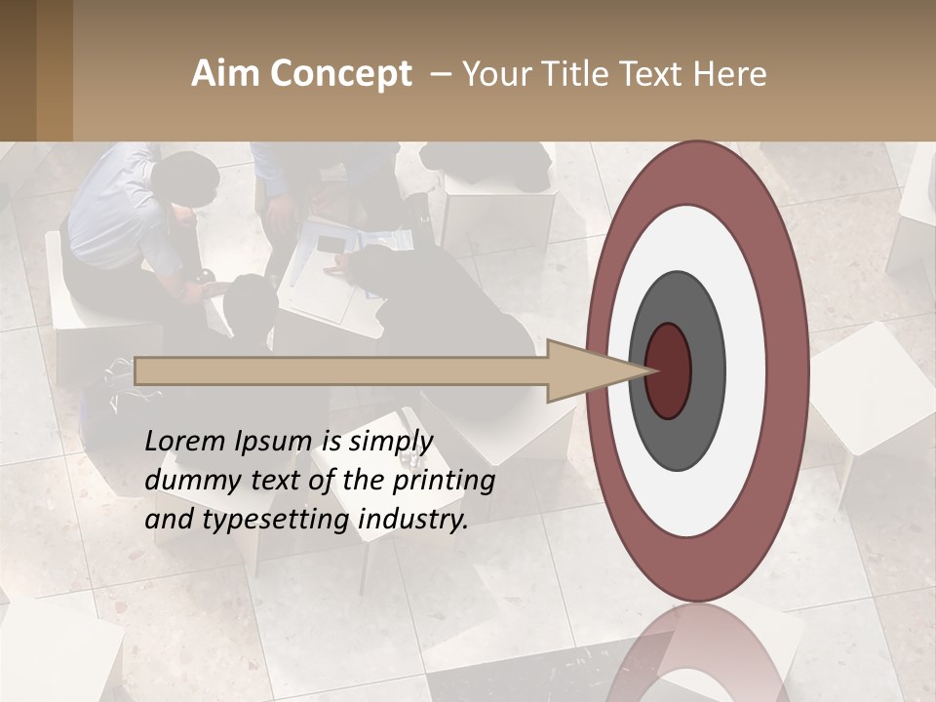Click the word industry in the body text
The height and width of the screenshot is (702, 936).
(x=413, y=519)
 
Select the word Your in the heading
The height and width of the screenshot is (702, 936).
(x=491, y=74)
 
